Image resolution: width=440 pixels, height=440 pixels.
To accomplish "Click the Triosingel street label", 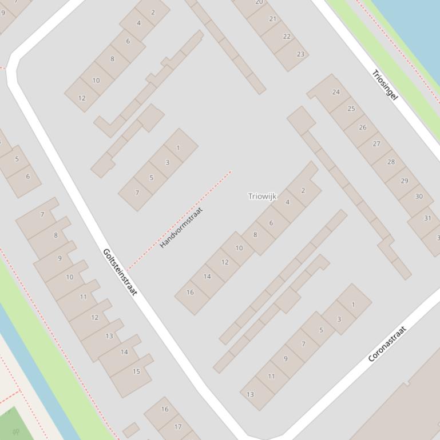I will click(x=384, y=85).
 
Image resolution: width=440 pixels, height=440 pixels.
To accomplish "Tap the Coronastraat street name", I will click(x=387, y=344).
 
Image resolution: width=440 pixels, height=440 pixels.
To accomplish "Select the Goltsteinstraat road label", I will click(x=120, y=272).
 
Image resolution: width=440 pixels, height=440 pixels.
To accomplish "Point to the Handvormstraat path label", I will click(x=181, y=227).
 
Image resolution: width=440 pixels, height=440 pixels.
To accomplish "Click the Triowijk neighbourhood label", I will click(x=262, y=196).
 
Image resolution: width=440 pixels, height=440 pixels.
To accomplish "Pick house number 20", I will click(x=259, y=2).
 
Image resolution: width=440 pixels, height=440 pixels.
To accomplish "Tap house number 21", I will click(x=272, y=19).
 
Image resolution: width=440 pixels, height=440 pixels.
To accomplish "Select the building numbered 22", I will click(x=287, y=36).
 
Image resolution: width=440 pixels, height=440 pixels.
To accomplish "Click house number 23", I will click(x=300, y=54).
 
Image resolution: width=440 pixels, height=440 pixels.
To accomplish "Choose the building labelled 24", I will click(x=336, y=92).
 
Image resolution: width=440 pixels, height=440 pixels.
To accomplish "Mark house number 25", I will click(x=351, y=109).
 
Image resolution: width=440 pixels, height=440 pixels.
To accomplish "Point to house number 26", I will click(x=362, y=127).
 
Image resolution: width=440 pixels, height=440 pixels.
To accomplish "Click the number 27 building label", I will click(x=376, y=143).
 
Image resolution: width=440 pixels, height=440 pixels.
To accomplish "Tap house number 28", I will click(x=391, y=162).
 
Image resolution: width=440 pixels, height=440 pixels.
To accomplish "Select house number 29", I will click(x=405, y=181).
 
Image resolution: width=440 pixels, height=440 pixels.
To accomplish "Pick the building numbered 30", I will click(x=419, y=197).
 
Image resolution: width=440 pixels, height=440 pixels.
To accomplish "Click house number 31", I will click(x=427, y=218).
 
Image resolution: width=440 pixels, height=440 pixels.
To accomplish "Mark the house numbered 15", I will click(x=136, y=371).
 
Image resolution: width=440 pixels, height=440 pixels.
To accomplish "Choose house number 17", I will click(x=178, y=426).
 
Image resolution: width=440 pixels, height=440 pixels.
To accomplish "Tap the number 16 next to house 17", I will click(x=165, y=409).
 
